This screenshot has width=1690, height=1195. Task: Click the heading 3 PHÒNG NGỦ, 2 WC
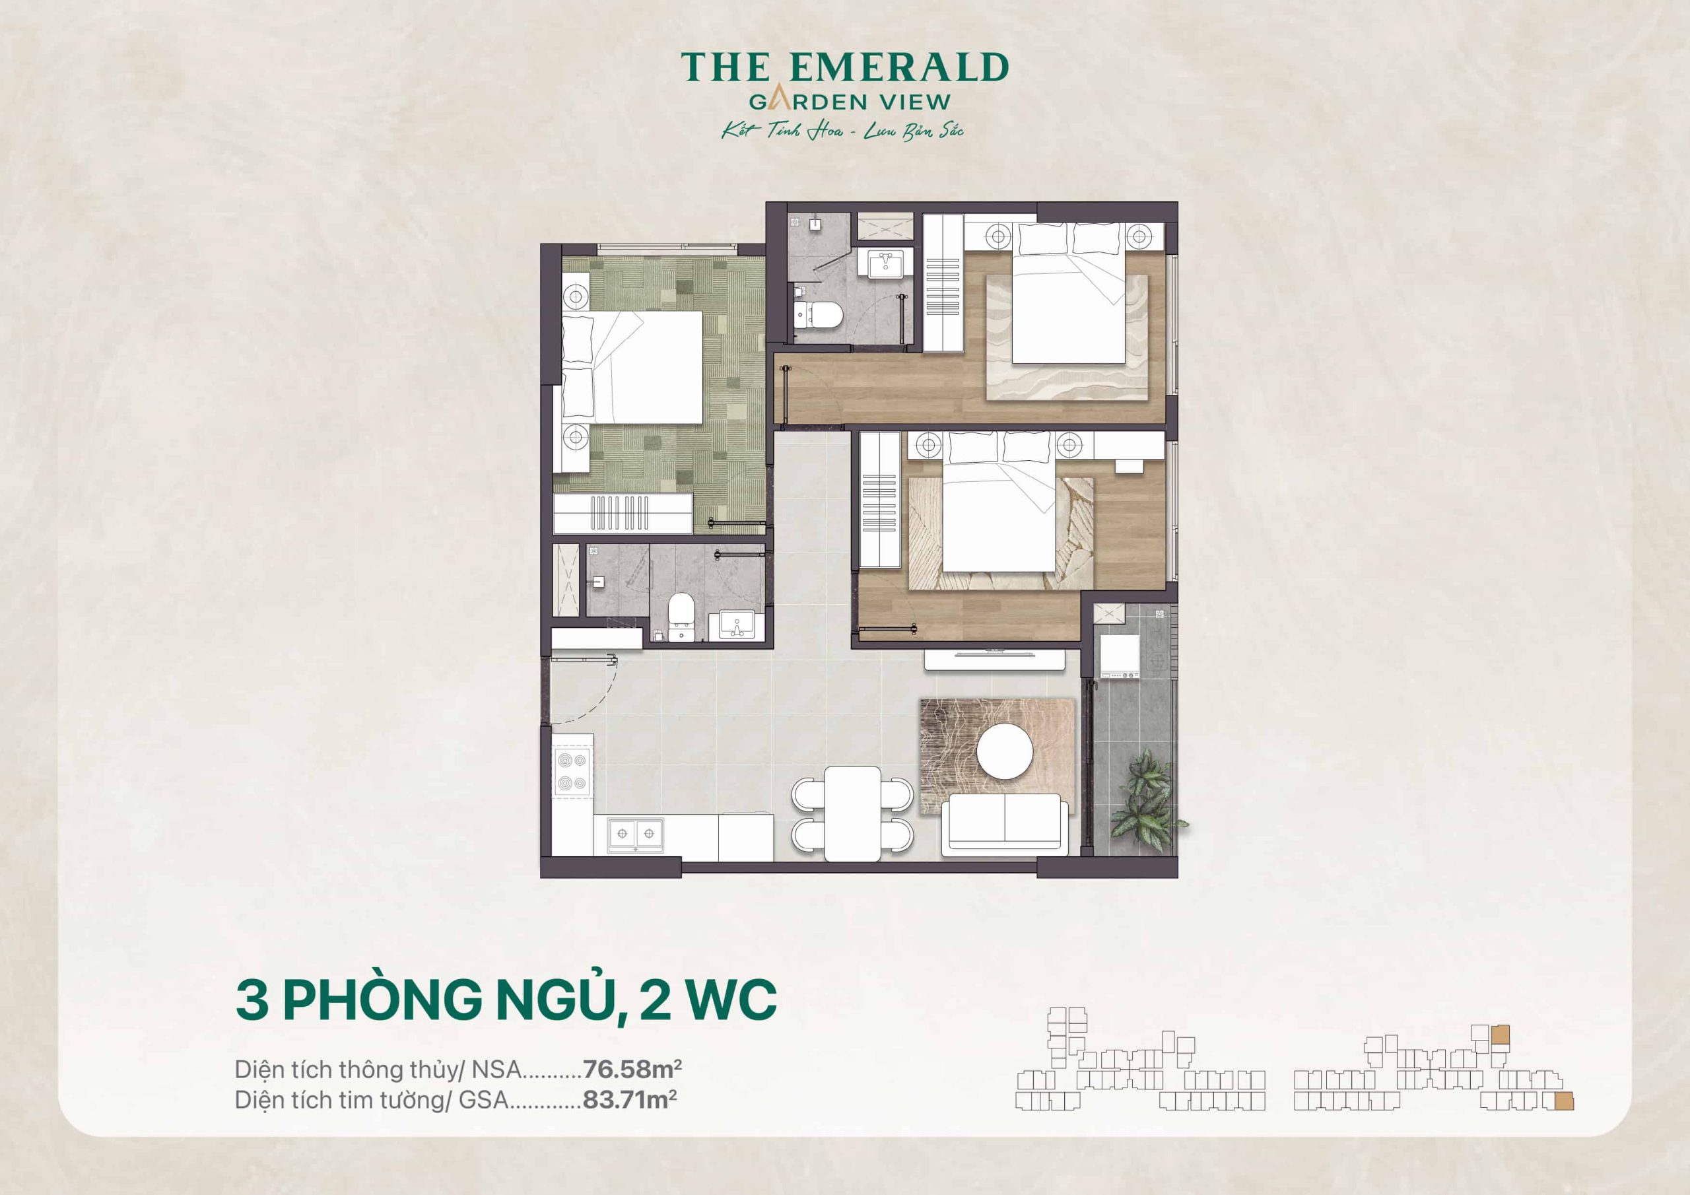coord(506,1000)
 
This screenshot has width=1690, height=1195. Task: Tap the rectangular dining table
coord(852,813)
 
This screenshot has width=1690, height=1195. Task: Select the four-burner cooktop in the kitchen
coord(572,772)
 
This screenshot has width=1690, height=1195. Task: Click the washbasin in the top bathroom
coord(886,263)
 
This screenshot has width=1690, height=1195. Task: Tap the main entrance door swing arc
coord(589,692)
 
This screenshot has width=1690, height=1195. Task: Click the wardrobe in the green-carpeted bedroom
coord(623,513)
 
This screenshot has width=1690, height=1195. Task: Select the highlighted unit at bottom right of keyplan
coord(1563,1101)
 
